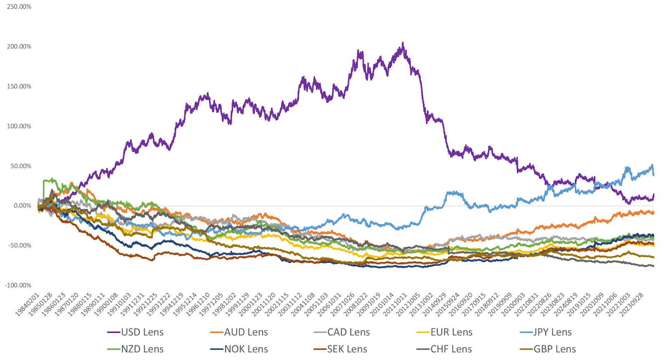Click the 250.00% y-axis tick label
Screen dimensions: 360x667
(x=19, y=7)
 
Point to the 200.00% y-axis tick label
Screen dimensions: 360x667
(x=19, y=47)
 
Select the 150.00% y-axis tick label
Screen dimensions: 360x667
(x=19, y=86)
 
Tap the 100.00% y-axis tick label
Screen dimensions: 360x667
(x=19, y=126)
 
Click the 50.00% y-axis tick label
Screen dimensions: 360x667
(x=21, y=166)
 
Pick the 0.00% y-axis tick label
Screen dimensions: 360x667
(x=23, y=206)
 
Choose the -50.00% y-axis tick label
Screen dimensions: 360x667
(x=20, y=245)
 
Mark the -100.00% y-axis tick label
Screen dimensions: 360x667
(x=18, y=285)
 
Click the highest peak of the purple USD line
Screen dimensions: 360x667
(x=403, y=42)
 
